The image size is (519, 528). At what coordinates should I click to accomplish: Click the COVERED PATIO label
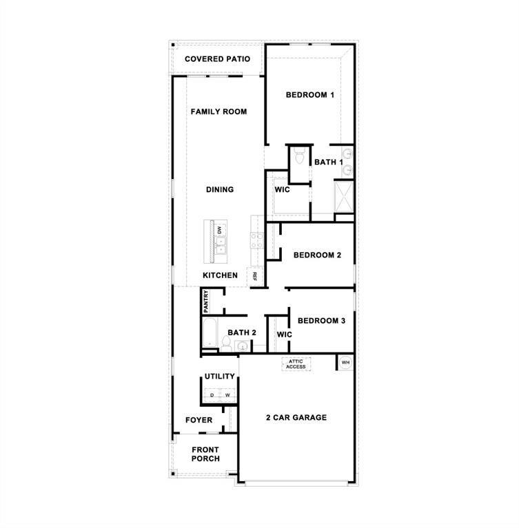coord(217,59)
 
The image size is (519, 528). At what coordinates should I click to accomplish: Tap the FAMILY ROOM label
coord(218,112)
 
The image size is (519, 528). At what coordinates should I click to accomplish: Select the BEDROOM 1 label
coord(309,95)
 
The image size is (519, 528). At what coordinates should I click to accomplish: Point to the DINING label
coord(220,189)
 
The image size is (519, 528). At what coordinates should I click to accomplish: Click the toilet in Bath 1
coord(299,157)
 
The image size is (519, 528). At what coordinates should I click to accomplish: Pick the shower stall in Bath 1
coord(343,196)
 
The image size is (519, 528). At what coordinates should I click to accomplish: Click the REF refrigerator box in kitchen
coord(254,276)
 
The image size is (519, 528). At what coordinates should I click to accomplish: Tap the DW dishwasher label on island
coord(220,231)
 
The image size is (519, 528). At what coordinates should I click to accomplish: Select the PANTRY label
coord(206,302)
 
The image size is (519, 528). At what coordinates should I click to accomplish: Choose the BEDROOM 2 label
coord(317,255)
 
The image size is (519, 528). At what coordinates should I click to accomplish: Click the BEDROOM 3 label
coord(321,321)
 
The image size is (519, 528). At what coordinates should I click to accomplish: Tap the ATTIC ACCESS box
coord(296,363)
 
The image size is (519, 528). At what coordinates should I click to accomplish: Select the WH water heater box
coord(345,362)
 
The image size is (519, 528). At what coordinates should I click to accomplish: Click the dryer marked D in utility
coord(212,395)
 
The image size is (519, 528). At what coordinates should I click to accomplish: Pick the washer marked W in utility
coord(227,395)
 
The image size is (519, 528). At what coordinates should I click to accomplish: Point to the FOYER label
coord(199,420)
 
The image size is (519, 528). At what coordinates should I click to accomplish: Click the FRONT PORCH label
coord(205,454)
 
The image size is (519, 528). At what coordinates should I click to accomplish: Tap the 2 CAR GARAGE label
coord(296,417)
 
